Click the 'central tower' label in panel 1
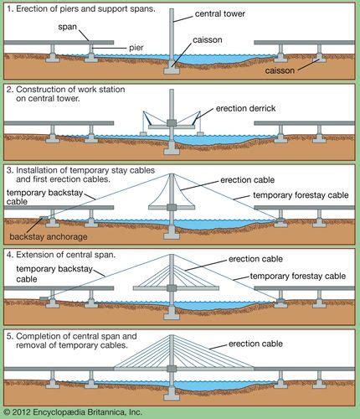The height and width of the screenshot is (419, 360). [220, 13]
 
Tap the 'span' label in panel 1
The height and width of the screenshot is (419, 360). [67, 27]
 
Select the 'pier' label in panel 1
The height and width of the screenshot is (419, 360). [136, 48]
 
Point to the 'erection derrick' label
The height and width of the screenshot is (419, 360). [245, 108]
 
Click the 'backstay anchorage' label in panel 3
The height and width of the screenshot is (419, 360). [49, 237]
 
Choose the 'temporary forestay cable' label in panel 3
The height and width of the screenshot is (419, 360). [301, 195]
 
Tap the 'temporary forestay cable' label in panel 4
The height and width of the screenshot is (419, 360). [298, 277]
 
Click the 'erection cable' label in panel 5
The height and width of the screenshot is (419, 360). [255, 344]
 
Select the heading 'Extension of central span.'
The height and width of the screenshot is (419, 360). [65, 255]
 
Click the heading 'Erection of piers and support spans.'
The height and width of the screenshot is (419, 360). [85, 8]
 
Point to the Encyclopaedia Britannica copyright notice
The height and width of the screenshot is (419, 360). [73, 412]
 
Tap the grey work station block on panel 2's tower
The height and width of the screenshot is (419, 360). [172, 122]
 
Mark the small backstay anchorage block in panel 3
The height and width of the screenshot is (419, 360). [44, 218]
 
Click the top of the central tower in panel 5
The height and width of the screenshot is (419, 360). [172, 335]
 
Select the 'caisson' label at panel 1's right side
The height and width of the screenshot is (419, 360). [280, 70]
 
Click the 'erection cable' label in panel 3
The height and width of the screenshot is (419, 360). [248, 180]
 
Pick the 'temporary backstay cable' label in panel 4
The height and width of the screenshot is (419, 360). [54, 274]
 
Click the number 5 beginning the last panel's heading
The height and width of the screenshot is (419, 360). [9, 336]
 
